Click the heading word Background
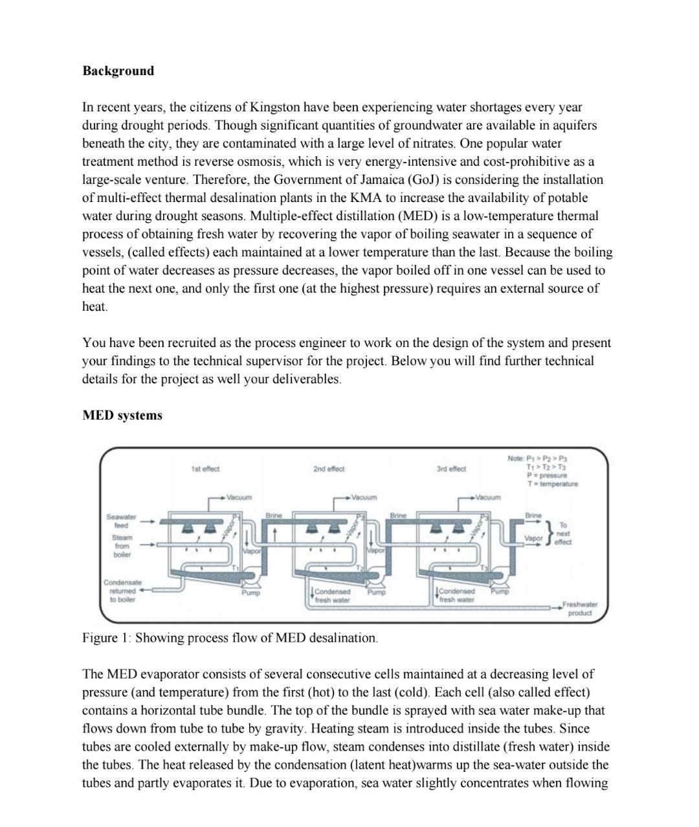pos(118,71)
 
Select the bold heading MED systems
pos(122,415)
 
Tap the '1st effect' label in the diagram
pos(205,469)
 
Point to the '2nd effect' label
pos(329,469)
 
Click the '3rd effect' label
pos(451,469)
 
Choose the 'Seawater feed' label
pos(121,521)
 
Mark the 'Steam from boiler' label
pos(122,546)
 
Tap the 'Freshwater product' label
pos(580,608)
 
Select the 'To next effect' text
pos(562,534)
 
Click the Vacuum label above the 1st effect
pos(239,497)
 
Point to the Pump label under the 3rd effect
pos(499,591)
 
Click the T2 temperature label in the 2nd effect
pos(361,568)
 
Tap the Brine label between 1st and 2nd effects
pos(274,515)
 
